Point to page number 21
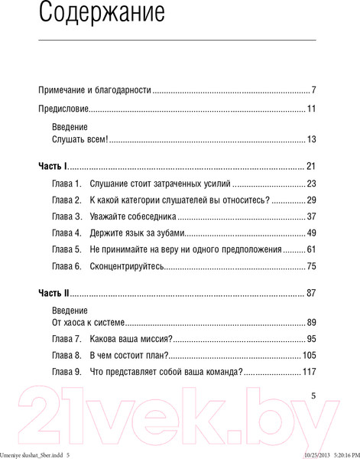310,166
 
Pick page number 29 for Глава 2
310,200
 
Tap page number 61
310,249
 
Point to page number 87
310,293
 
